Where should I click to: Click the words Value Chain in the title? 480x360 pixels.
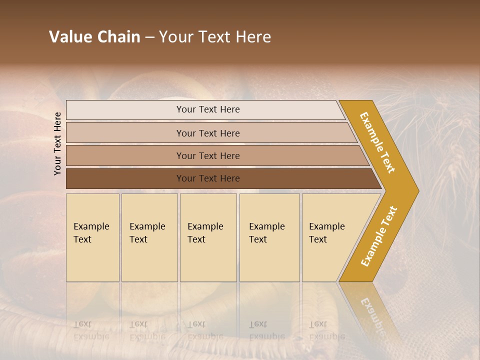(94, 37)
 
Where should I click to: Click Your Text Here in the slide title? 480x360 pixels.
(215, 37)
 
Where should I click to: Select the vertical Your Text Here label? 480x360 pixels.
(58, 143)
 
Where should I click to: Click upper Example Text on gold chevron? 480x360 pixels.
(377, 142)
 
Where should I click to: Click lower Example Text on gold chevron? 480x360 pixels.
(379, 236)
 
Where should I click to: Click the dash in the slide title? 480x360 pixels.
(149, 37)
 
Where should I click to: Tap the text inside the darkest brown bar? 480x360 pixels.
(208, 178)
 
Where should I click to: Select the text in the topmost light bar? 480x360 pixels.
(208, 109)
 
